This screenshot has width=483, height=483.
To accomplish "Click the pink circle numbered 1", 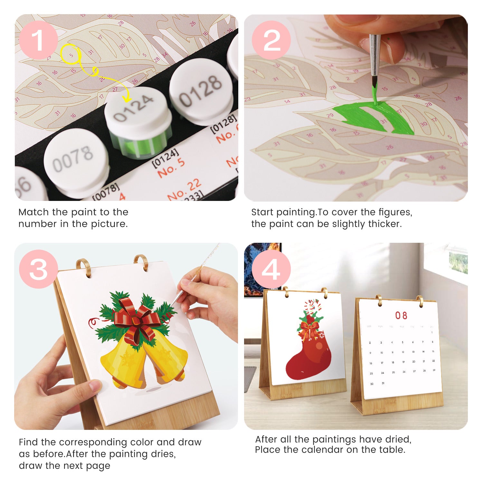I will click(x=38, y=40).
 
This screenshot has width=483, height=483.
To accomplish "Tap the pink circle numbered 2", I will click(x=271, y=40).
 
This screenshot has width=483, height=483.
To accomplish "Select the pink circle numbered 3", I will click(x=38, y=269).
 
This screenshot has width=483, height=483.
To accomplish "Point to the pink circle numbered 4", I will click(x=271, y=269).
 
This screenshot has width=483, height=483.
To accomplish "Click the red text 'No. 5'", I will click(x=171, y=168).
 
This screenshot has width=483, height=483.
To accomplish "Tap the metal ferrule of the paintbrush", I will click(x=375, y=55).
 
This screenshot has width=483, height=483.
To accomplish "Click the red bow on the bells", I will click(x=137, y=319).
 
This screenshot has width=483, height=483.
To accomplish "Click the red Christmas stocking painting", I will click(x=308, y=357).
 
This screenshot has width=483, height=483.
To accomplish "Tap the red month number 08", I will click(x=401, y=315).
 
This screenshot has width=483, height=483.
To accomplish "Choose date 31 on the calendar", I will click(x=383, y=383).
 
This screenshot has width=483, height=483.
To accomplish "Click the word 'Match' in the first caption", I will click(x=33, y=212).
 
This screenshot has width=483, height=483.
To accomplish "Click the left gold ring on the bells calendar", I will click(x=83, y=267).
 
